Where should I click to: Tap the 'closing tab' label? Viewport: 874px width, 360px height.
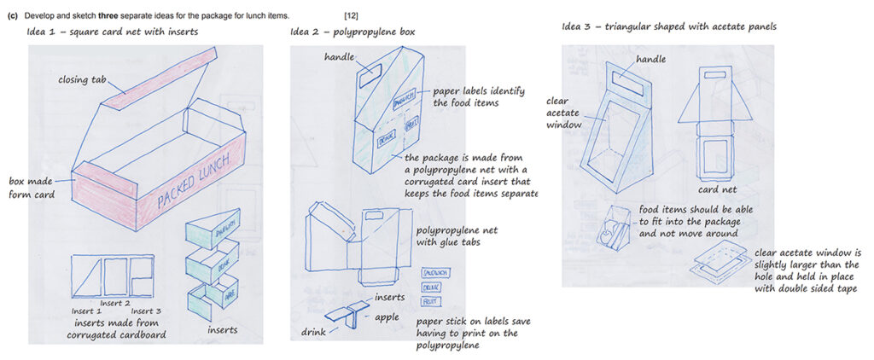pos(83,80)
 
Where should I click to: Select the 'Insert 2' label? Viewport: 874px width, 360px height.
pos(115,303)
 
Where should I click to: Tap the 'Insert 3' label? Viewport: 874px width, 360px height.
pos(147,311)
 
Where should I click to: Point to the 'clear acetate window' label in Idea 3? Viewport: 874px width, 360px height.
pos(563,113)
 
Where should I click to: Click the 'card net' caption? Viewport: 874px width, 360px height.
pos(717,189)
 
